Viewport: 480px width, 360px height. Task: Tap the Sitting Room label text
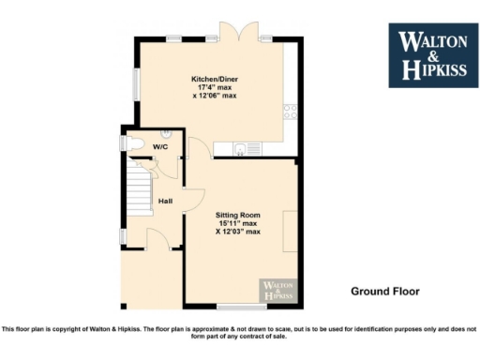238,215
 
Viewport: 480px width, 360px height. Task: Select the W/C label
160,146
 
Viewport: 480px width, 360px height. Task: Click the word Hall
165,201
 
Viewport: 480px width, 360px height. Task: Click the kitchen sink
246,147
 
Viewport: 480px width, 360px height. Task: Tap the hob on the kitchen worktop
291,112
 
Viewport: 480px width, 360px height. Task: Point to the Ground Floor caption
384,291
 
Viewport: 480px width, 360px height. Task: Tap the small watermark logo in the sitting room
277,290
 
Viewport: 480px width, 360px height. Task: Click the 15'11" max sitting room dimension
238,223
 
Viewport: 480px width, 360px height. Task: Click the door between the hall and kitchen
195,149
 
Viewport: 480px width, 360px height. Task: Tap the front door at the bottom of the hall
158,241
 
